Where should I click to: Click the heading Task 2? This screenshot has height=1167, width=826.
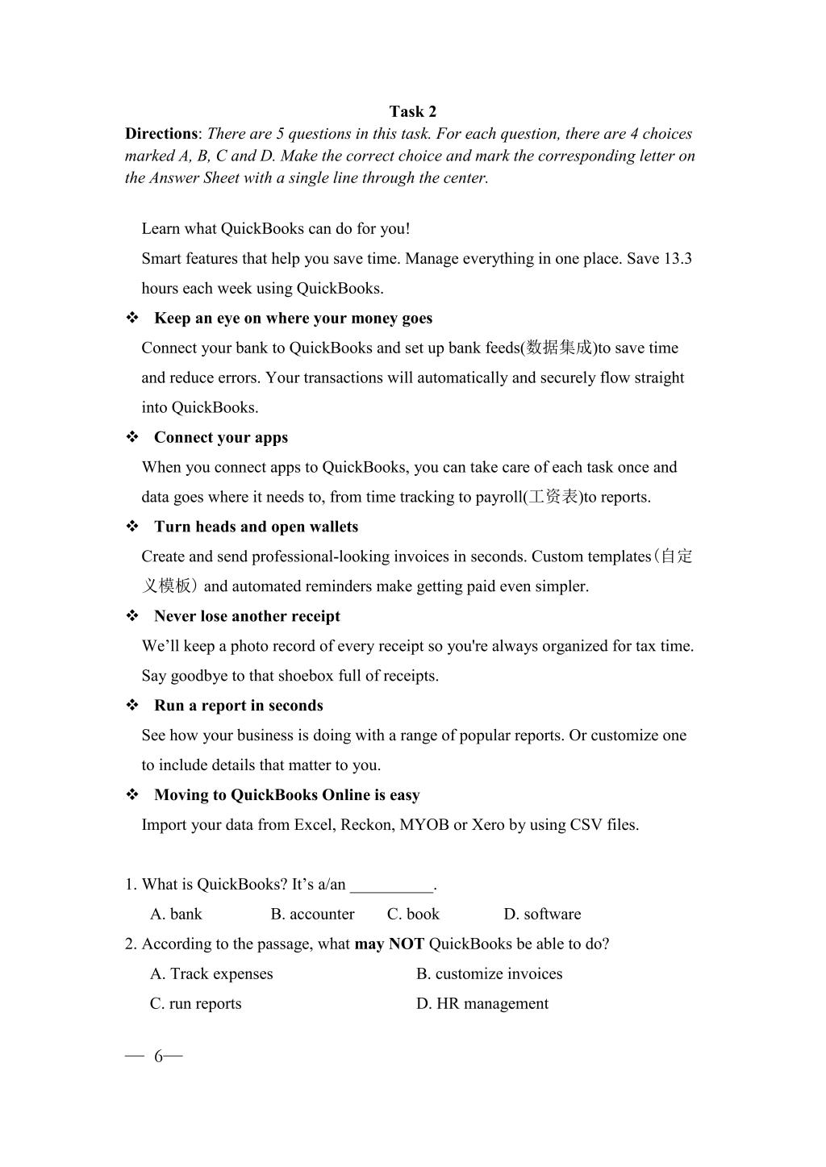[412, 111]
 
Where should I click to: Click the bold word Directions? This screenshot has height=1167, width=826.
[161, 134]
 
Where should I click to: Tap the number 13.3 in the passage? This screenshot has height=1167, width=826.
[678, 259]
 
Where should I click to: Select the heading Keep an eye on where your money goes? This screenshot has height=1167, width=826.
[293, 319]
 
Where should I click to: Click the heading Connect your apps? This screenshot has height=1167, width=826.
[220, 438]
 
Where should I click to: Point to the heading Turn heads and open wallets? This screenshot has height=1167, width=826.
[256, 527]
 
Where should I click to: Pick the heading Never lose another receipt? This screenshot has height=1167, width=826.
[247, 617]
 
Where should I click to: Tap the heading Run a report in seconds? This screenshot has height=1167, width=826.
[238, 706]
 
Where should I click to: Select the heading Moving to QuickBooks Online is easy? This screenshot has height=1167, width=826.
[286, 795]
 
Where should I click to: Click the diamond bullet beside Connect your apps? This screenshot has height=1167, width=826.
[132, 438]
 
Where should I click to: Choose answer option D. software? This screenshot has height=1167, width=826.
[542, 915]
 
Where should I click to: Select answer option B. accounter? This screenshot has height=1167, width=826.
[312, 915]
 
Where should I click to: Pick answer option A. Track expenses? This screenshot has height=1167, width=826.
[211, 974]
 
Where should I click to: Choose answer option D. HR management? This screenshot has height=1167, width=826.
[482, 1004]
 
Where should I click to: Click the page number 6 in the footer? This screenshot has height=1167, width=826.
[158, 1057]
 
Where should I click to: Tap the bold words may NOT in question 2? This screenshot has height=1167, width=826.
[389, 944]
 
